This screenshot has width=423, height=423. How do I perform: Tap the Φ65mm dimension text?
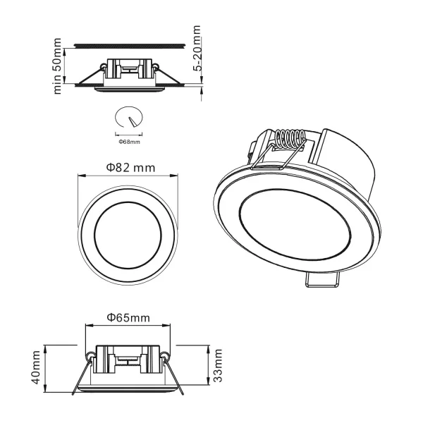tap(128, 318)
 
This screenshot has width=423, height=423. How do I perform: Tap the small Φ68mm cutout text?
tap(129, 142)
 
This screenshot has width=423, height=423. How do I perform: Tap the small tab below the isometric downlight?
tap(323, 280)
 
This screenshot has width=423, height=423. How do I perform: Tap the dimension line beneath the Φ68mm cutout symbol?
tap(128, 134)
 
